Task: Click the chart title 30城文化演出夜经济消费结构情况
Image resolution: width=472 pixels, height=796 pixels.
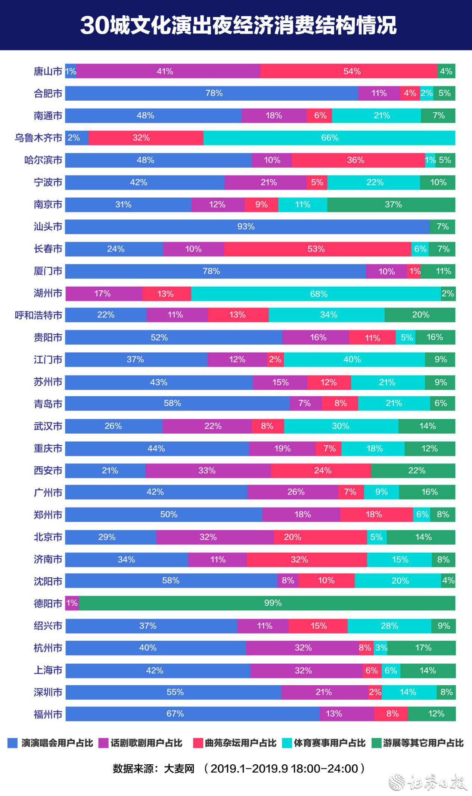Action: point(238,25)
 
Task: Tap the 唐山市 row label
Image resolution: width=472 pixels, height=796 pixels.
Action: point(48,71)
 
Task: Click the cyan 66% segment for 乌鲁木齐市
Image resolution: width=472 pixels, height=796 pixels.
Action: point(329,138)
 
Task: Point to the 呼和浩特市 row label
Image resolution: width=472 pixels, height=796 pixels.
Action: point(38,315)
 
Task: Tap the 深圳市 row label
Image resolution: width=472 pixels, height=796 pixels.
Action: point(48,692)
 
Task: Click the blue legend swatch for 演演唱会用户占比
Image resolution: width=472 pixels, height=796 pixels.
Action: point(13,743)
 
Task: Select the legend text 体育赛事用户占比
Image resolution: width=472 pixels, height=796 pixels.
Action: point(329,743)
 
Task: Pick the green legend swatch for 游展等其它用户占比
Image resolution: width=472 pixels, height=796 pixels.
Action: point(377,743)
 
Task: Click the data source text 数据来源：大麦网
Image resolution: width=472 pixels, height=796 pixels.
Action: point(154,769)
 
